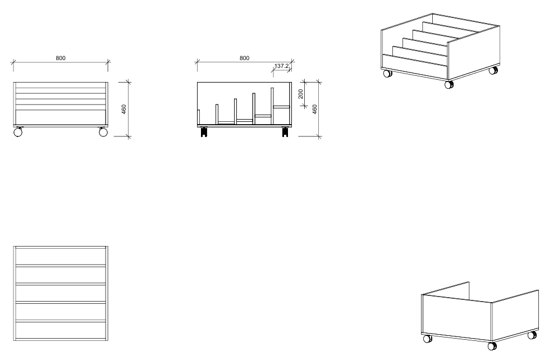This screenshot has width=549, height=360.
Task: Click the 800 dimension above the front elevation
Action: (61, 58)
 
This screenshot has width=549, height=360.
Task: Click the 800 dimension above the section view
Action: (244, 58)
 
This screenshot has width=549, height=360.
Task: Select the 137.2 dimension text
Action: (281, 66)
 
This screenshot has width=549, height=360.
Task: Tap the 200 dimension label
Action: (300, 94)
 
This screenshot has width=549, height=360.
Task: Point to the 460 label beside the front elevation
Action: (123, 110)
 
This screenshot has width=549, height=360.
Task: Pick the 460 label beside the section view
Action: (314, 110)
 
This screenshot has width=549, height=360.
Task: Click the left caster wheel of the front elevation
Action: (18, 132)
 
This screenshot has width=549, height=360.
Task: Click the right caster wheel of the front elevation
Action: (103, 132)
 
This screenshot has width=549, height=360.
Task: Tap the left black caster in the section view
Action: (204, 132)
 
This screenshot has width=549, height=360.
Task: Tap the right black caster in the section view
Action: (285, 132)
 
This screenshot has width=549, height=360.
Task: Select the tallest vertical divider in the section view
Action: (272, 106)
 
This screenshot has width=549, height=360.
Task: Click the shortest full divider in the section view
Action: (217, 114)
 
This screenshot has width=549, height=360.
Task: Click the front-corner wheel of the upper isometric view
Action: (449, 84)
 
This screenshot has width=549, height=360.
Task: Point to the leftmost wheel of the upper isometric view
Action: (387, 74)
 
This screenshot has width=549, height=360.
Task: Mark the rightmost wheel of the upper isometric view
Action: (493, 70)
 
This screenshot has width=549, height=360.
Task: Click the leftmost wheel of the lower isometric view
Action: (428, 339)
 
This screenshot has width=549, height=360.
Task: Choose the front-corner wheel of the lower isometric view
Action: (492, 347)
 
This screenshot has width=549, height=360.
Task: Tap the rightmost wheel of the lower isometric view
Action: (532, 335)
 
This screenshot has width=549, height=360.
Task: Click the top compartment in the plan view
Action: (61, 257)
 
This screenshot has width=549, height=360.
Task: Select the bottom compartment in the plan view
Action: (61, 330)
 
